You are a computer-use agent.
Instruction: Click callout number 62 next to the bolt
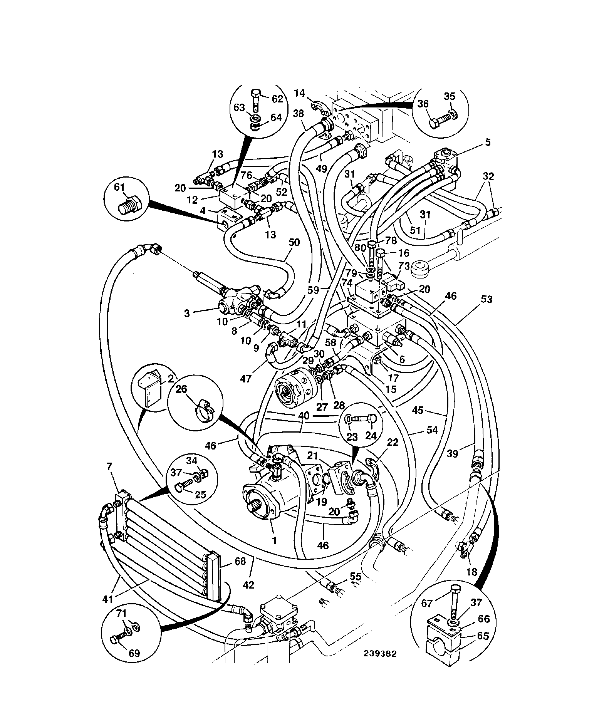click(x=277, y=99)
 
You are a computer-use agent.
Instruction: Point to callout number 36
click(x=423, y=104)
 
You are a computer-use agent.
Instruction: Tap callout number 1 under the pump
click(x=274, y=541)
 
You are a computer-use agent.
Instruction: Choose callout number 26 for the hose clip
click(x=181, y=389)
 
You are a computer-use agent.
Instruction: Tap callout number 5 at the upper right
click(x=488, y=143)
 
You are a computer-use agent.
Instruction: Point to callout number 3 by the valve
click(x=187, y=314)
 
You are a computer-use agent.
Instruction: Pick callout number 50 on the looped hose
click(x=294, y=243)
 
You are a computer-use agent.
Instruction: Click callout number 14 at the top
click(x=300, y=93)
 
